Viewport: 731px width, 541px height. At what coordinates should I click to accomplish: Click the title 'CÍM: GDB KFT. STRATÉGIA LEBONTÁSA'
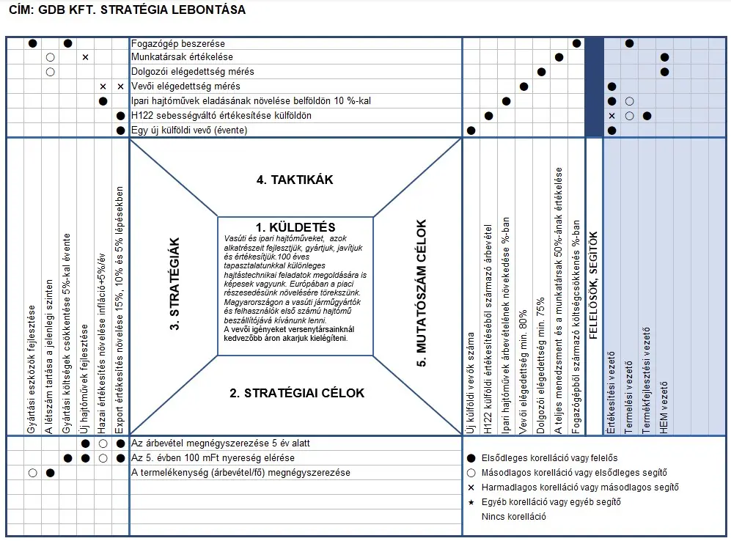pos(127,10)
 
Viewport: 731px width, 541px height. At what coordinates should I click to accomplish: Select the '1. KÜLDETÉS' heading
pos(295,227)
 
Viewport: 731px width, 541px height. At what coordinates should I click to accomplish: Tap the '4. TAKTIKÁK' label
pos(295,180)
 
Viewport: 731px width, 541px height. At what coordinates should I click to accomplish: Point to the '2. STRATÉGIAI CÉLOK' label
pos(296,393)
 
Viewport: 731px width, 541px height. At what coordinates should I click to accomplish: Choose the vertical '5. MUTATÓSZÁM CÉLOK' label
pos(421,292)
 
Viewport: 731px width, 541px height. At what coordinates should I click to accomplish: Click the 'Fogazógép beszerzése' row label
pos(178,44)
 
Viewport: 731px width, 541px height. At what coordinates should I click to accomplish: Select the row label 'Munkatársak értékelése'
pos(182,57)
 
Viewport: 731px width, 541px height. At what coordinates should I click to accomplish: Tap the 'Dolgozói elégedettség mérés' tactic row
pos(193,72)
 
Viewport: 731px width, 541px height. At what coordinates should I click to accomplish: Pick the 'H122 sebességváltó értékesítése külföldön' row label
pos(221,116)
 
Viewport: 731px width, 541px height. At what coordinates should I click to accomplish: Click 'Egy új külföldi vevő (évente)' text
pos(189,130)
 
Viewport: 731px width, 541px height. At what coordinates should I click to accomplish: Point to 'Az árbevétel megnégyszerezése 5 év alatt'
pos(220,444)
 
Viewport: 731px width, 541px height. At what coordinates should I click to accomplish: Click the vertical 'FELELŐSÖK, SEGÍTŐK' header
pos(594,286)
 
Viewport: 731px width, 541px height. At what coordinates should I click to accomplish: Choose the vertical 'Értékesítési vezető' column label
pos(611,392)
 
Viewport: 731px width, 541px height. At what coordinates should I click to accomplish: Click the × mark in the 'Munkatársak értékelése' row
pos(85,57)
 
